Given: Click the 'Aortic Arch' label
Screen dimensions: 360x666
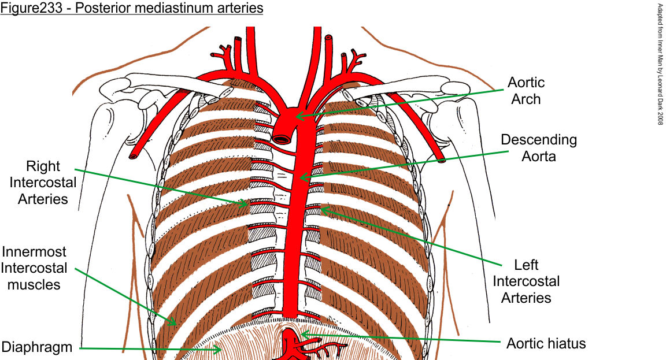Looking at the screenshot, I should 526,91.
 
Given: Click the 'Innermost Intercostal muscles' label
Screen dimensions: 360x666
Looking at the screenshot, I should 34,268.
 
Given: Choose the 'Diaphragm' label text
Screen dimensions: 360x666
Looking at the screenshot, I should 37,347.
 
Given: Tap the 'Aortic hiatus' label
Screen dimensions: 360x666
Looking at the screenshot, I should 546,344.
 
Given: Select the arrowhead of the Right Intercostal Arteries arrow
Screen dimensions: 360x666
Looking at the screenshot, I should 245,203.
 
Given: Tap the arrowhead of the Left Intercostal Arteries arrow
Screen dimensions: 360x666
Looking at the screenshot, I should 321,209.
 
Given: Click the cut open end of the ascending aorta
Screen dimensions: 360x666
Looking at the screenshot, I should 283,139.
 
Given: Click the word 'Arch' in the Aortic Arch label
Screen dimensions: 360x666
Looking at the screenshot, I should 526,99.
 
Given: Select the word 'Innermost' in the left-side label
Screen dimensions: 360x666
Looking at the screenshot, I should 34,252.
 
